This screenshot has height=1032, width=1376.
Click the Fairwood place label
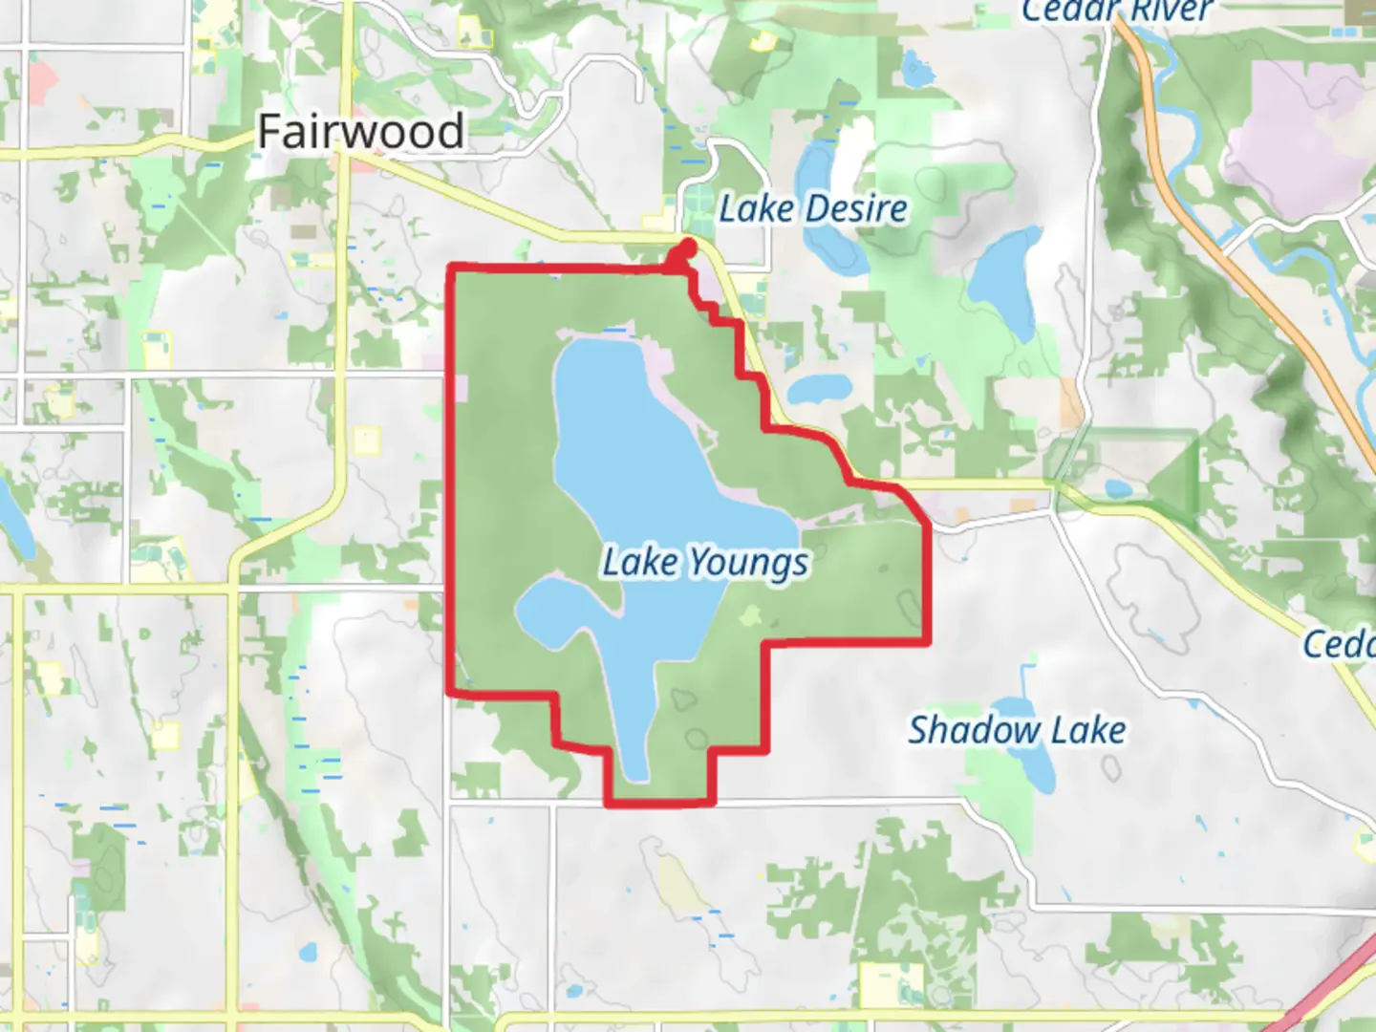360,131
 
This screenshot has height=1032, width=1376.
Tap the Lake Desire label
812,208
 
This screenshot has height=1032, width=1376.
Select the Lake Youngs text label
705,562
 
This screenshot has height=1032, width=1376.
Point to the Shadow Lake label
1016,730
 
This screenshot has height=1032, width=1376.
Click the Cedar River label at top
1116,11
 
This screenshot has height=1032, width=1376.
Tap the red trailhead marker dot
685,251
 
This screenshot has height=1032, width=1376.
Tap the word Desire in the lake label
856,208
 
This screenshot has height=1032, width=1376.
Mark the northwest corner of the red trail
452,269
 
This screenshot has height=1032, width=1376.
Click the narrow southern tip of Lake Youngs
636,764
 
